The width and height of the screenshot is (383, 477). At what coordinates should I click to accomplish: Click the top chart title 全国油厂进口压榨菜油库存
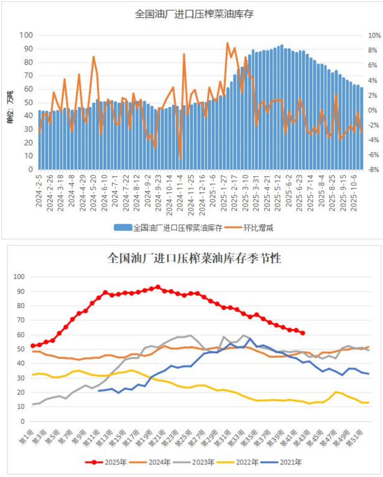194,14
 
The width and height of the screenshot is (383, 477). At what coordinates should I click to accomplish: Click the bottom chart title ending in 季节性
194,258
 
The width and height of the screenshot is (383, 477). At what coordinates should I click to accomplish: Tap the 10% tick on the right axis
374,36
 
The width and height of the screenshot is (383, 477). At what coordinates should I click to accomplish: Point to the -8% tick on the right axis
373,170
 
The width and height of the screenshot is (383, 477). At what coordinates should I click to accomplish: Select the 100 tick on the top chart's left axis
26,35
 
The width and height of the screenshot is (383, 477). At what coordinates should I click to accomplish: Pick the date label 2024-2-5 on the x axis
39,190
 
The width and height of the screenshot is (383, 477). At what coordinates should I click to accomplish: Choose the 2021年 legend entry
281,462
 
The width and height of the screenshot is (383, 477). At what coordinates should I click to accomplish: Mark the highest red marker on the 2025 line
158,287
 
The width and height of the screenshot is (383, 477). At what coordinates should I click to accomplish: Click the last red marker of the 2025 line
303,333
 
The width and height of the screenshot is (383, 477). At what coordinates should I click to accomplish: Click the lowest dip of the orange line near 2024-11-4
180,159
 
